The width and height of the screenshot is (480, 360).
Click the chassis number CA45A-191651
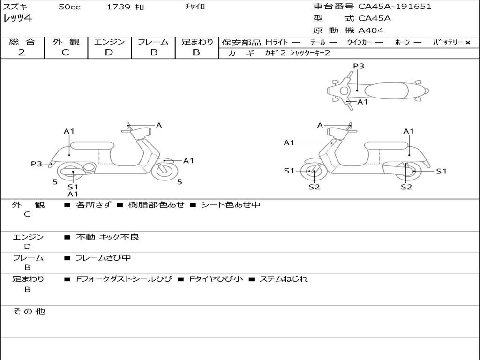(395, 7)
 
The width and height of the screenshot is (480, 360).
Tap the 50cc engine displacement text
(69, 7)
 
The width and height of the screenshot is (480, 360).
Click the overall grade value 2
(22, 52)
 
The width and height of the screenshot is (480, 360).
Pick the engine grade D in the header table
(109, 52)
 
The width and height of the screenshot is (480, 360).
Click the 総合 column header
(22, 42)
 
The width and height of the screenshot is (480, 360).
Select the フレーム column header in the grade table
(153, 42)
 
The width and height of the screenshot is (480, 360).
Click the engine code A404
(371, 30)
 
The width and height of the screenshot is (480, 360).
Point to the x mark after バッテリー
(468, 42)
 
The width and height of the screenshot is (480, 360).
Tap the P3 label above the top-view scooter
(359, 66)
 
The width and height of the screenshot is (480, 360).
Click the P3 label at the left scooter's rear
(37, 164)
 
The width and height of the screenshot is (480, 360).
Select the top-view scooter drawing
(377, 90)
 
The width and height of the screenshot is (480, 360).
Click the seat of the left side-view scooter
(92, 145)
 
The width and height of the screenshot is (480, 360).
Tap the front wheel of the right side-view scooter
(313, 172)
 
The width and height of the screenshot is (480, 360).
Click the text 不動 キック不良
(107, 237)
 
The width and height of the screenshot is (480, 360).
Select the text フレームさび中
(103, 258)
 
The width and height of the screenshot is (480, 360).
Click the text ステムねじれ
(284, 279)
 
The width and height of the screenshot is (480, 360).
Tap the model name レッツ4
(17, 19)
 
